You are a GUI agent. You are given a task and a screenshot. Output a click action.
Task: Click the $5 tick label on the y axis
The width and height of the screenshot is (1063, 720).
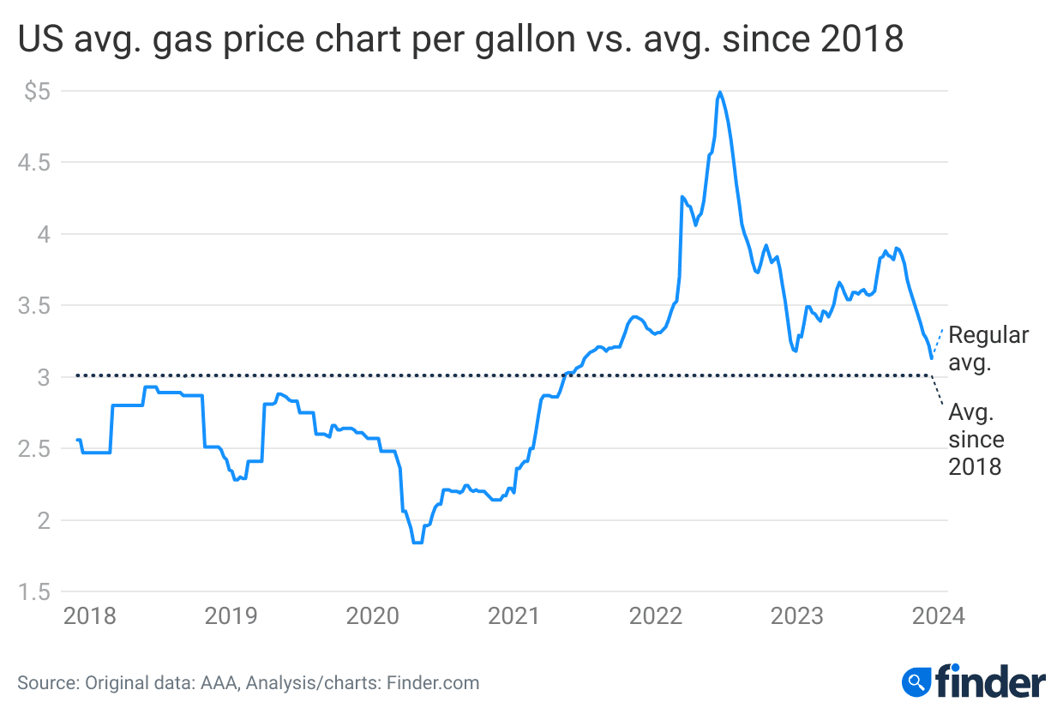coord(36,91)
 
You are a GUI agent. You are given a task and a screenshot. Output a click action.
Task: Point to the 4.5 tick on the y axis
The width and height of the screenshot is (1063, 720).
coord(36,162)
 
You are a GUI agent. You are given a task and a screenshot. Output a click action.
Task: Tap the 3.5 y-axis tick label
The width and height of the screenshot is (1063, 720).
coord(36,305)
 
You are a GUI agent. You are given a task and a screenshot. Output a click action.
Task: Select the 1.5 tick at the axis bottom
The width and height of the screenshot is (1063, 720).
coord(36,591)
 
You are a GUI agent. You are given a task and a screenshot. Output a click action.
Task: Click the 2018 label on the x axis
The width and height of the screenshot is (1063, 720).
coord(90,615)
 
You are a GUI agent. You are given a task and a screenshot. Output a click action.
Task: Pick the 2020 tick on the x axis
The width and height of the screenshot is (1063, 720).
coord(374,615)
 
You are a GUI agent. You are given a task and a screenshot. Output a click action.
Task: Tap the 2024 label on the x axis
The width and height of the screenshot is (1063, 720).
coord(938,615)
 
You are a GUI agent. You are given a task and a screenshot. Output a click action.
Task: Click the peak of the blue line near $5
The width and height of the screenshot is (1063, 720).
coord(720,92)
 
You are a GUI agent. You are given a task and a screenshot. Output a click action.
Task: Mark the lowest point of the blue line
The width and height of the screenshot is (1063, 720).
coord(417,543)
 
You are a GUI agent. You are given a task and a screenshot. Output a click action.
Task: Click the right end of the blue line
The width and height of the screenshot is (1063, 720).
coord(932,357)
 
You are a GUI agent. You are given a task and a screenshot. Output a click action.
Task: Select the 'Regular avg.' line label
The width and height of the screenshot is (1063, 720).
coord(988,349)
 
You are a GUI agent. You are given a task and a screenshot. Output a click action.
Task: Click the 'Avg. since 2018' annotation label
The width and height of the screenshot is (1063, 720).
coord(976,440)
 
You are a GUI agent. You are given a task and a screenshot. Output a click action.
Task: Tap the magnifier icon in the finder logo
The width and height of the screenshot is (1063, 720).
coord(916,682)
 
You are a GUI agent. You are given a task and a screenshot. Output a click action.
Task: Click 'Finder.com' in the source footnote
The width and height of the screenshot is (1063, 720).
coord(433,683)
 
